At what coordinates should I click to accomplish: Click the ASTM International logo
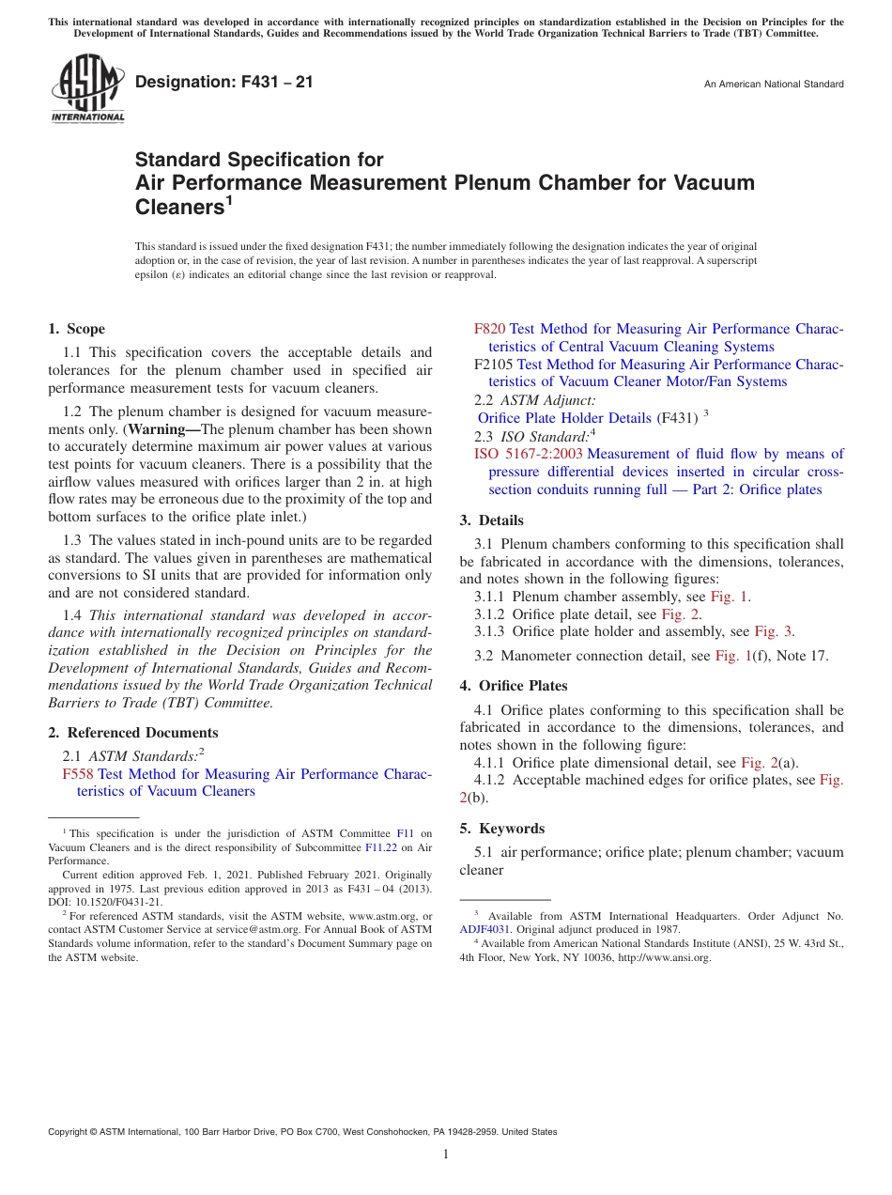87,90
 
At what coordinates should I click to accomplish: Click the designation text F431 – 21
224,82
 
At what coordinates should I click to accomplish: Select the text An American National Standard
773,85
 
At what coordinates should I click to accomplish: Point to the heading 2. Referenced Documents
132,733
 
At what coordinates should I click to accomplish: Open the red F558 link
78,774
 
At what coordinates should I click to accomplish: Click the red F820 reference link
489,329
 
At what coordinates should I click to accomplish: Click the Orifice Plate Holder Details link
564,418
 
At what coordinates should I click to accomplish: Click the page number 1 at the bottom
446,1155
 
